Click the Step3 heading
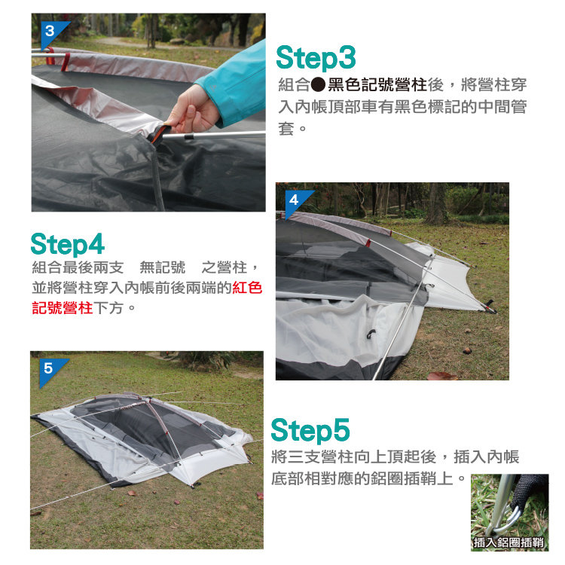pos(316,58)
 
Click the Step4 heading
pos(68,245)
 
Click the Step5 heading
pos(310,430)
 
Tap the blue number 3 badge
pos(51,32)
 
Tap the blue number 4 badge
pos(295,200)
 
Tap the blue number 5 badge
pos(50,369)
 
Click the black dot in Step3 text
pos(318,85)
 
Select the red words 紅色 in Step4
pos(247,288)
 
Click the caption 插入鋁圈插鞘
pos(508,542)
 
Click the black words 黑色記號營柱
pos(377,85)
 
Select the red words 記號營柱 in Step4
pos(63,308)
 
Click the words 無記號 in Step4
pos(163,267)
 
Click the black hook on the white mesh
pos(371,334)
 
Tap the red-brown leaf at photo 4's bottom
pos(441,376)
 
